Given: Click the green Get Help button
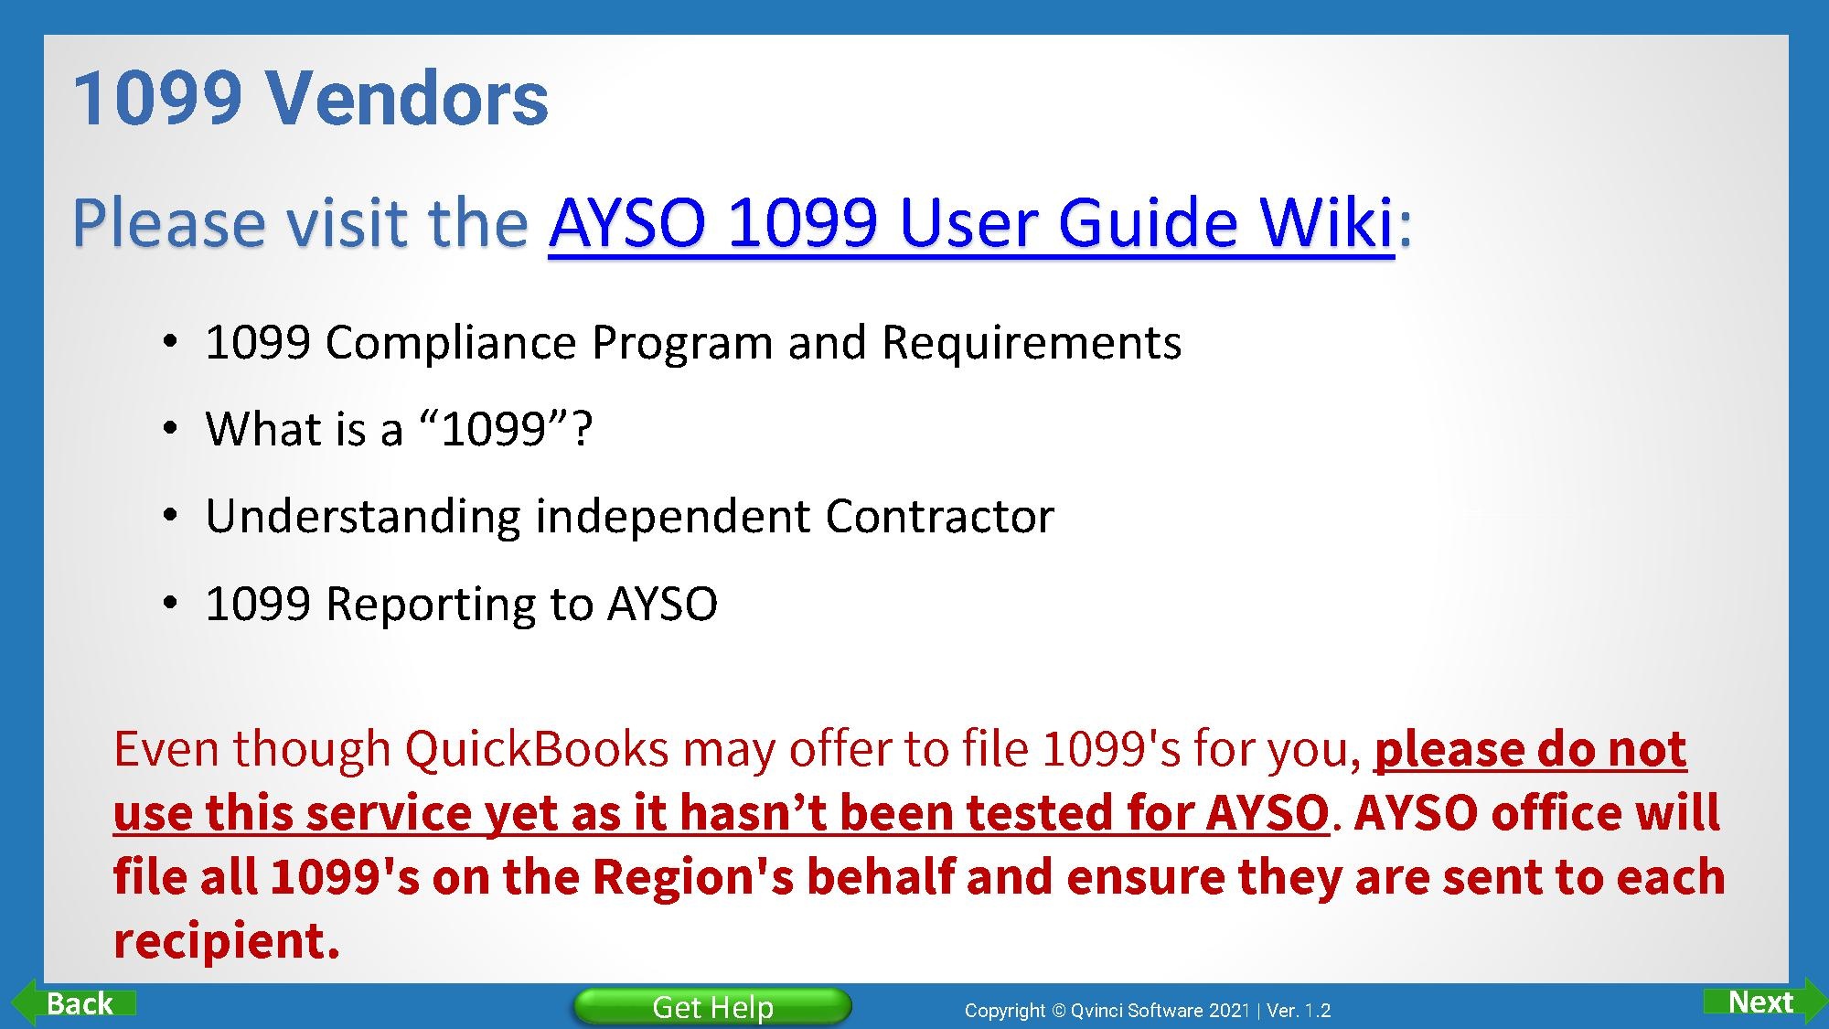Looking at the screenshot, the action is [x=712, y=1006].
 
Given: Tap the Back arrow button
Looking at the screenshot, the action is [x=73, y=1003].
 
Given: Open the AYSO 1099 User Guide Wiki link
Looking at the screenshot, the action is [x=971, y=222].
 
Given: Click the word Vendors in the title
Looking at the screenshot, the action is [x=407, y=98].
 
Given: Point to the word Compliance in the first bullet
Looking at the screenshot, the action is [x=451, y=344].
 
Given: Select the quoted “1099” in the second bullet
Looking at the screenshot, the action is [x=495, y=428].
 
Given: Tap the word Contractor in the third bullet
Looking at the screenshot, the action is [x=939, y=516].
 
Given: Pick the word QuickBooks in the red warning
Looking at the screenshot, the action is [x=537, y=748].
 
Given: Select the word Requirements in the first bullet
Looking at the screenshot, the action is [x=1031, y=344].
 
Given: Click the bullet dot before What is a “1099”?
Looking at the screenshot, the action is [x=169, y=430].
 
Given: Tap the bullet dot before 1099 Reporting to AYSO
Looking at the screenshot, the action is [x=169, y=604].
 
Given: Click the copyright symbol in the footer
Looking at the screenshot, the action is [x=1058, y=1011].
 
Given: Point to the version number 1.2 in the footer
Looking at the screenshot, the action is [x=1318, y=1011].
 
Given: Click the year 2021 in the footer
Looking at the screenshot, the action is [x=1229, y=1011].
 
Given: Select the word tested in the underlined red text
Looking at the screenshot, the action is [x=1032, y=812].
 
